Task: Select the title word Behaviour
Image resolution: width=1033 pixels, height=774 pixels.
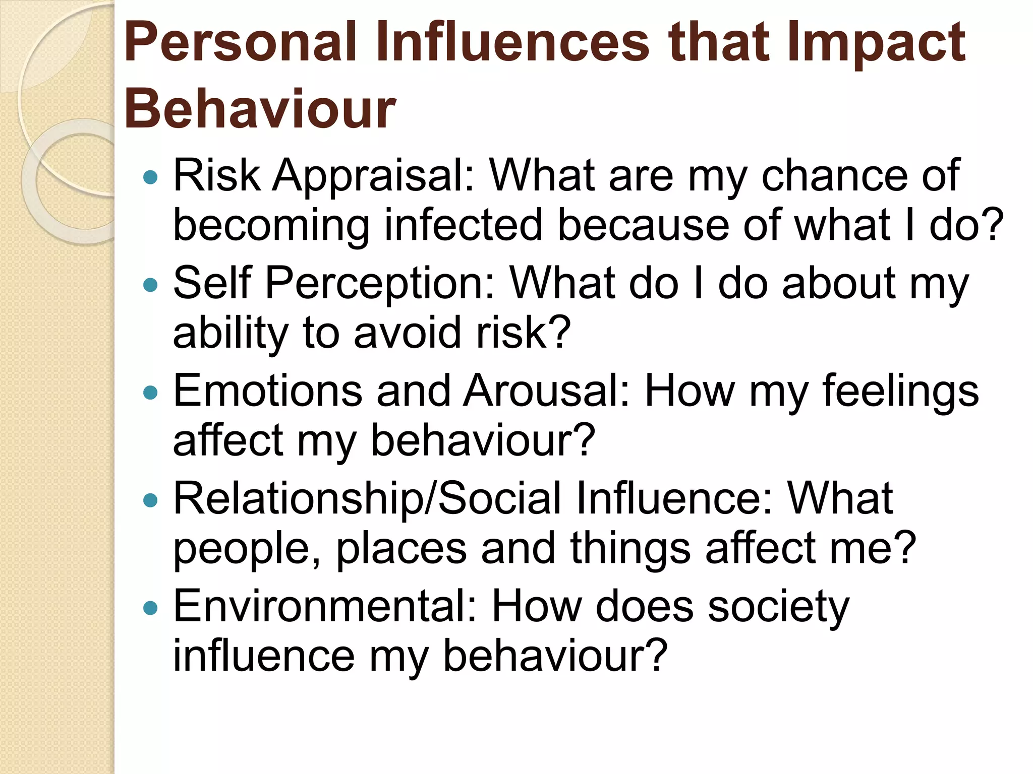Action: (260, 109)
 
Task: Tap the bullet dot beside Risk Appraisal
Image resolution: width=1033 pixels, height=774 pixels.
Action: (150, 177)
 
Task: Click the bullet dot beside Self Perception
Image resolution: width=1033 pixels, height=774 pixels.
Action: (150, 285)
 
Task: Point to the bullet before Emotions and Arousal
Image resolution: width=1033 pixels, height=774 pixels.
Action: (150, 393)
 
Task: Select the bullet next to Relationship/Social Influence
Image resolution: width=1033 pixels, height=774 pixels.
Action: (150, 500)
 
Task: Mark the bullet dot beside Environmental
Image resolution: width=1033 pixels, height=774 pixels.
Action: (150, 608)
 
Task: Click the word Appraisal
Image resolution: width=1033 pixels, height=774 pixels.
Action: (374, 176)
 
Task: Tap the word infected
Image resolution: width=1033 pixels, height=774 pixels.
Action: (463, 225)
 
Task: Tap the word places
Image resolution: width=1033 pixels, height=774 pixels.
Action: (401, 549)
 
